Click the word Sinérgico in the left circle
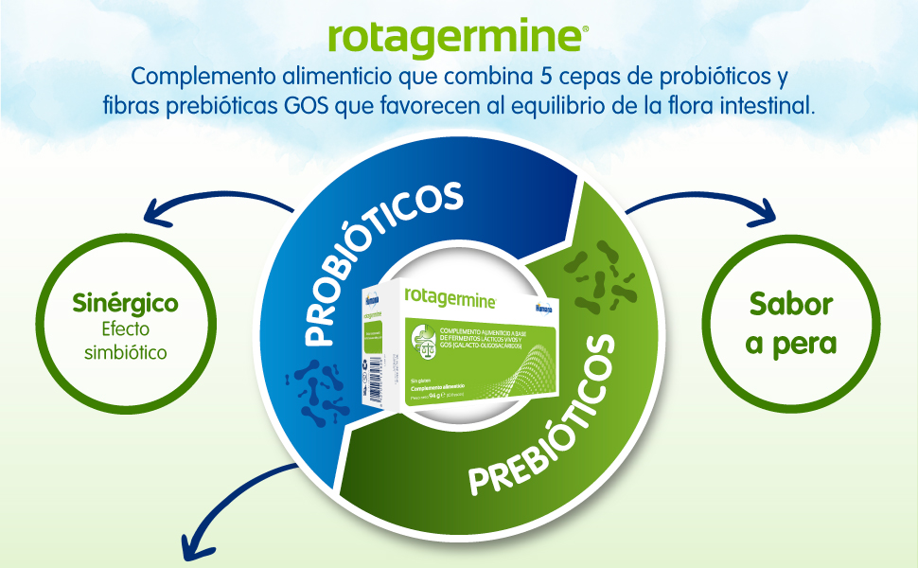tap(126, 305)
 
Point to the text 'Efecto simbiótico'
tap(126, 341)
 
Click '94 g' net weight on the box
tap(436, 397)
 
